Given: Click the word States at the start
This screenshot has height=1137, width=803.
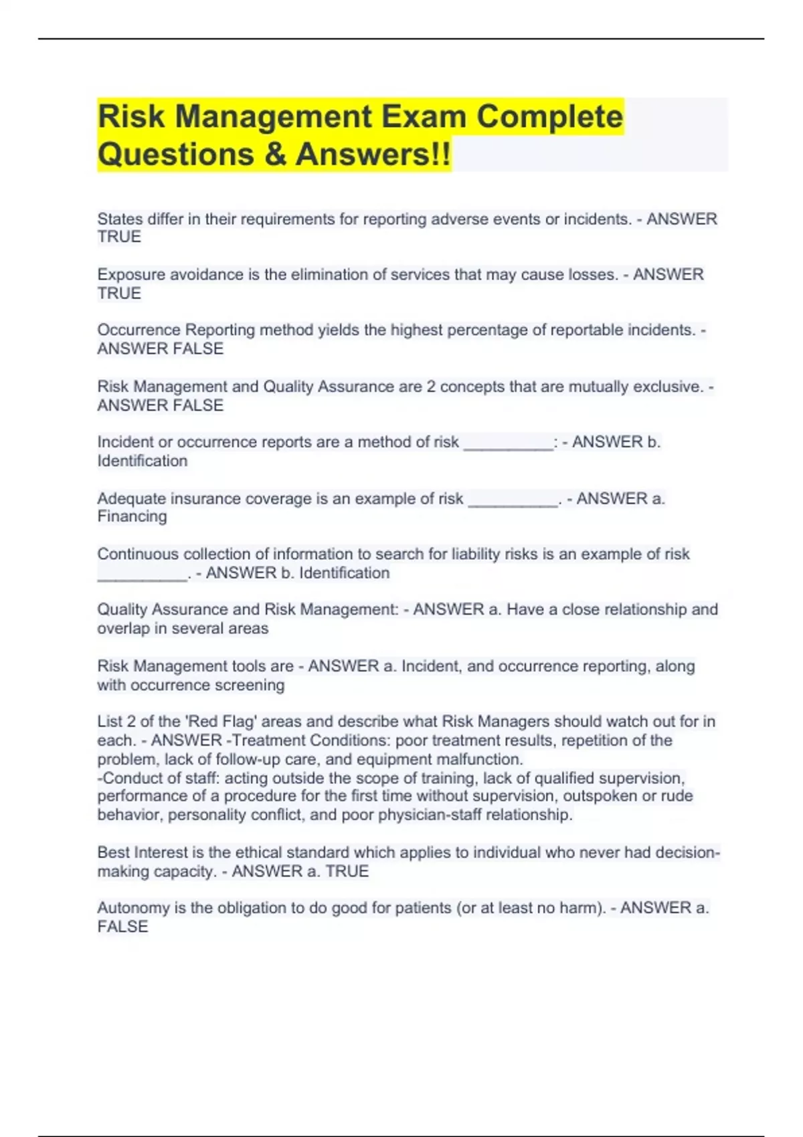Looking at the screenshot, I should [120, 219].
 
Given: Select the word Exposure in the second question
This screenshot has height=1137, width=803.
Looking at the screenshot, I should [128, 275].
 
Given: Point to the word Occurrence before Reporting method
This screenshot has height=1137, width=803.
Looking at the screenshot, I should [139, 330].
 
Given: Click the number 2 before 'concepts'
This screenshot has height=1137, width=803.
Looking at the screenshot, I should [431, 387].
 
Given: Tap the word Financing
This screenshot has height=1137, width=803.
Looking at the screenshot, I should [132, 516].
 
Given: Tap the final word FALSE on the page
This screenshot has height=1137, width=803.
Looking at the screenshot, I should [122, 927].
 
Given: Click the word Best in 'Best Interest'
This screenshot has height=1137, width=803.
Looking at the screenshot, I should [113, 853].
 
